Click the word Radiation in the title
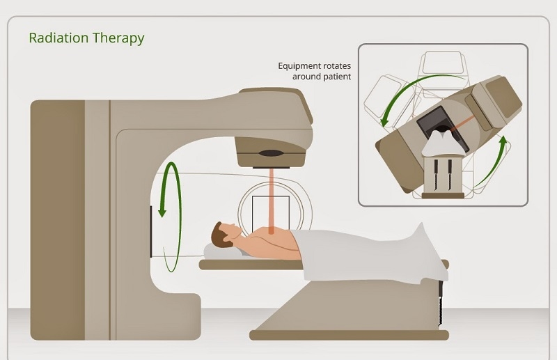58,38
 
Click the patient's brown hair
219,235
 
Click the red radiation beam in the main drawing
271,201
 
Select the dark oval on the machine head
271,153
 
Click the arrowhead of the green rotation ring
162,212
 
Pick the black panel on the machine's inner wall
151,231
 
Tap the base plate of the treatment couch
349,335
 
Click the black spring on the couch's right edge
441,303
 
